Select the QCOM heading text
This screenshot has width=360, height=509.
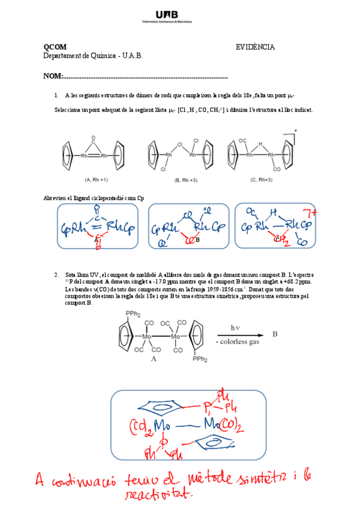pyautogui.click(x=55, y=47)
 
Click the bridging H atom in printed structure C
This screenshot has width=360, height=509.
pyautogui.click(x=260, y=145)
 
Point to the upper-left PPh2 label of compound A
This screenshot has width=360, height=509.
pyautogui.click(x=134, y=313)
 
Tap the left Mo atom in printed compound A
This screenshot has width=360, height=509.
pyautogui.click(x=146, y=337)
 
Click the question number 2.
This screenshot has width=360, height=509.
pyautogui.click(x=56, y=274)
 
